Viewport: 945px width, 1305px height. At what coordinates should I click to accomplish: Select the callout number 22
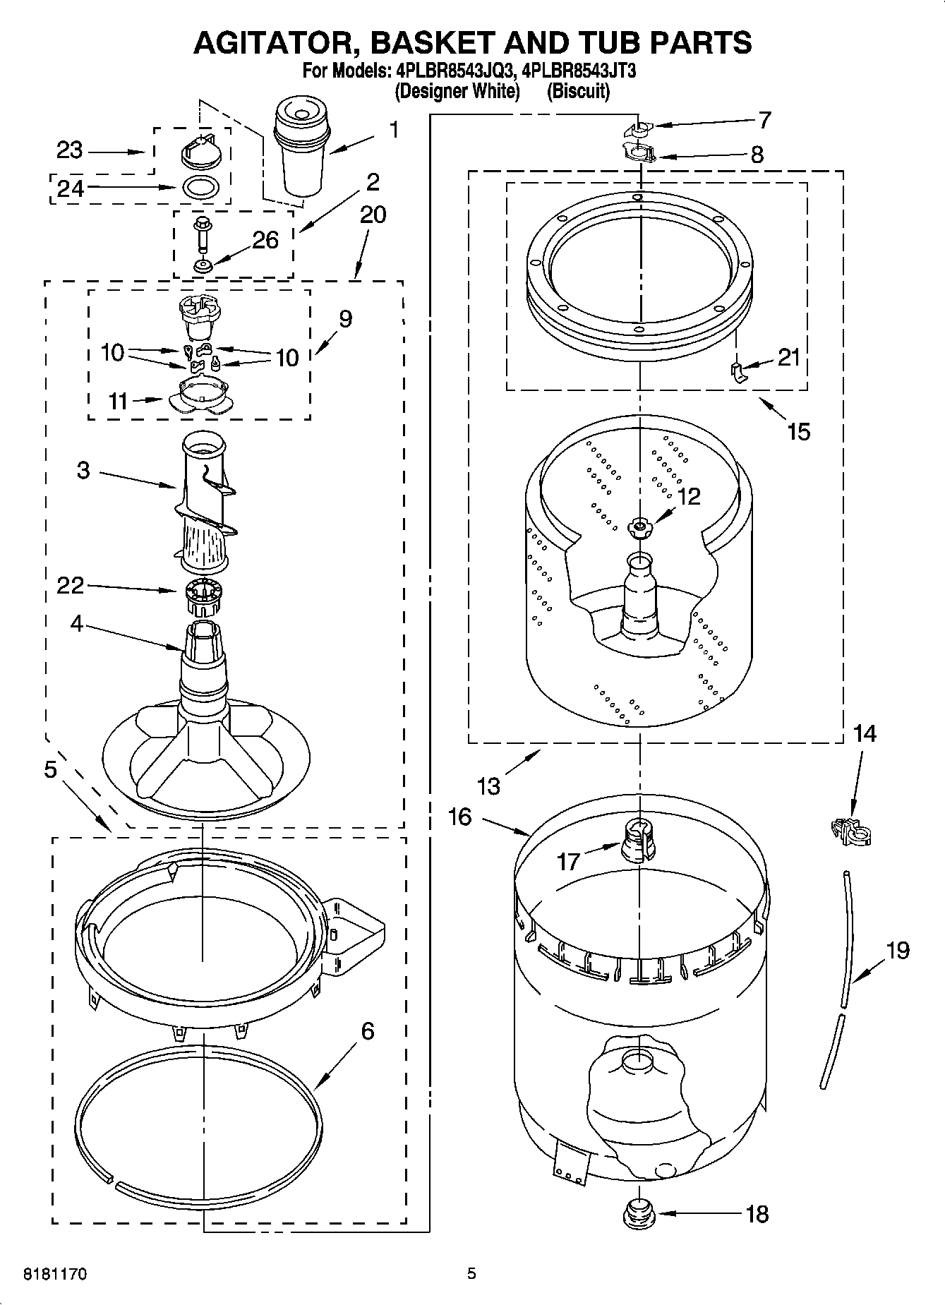(70, 585)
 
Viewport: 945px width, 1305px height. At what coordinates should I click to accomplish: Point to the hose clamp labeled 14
(852, 831)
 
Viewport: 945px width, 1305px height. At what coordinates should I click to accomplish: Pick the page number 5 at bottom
(471, 1274)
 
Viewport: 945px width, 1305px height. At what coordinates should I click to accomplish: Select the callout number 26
(265, 240)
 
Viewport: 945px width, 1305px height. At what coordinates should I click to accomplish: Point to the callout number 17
(568, 861)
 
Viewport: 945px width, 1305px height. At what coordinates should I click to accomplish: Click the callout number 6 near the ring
(367, 1031)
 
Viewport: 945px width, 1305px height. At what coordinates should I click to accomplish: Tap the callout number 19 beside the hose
(898, 950)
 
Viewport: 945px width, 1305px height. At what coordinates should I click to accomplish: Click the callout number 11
(119, 401)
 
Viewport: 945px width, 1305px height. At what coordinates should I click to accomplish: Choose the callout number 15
(798, 431)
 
